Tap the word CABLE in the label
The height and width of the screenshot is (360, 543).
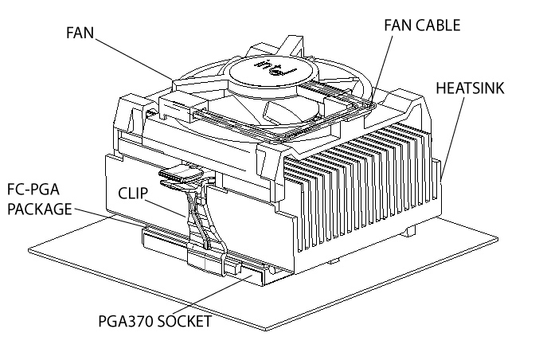tap(439, 25)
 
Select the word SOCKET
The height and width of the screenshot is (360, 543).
tap(184, 322)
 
